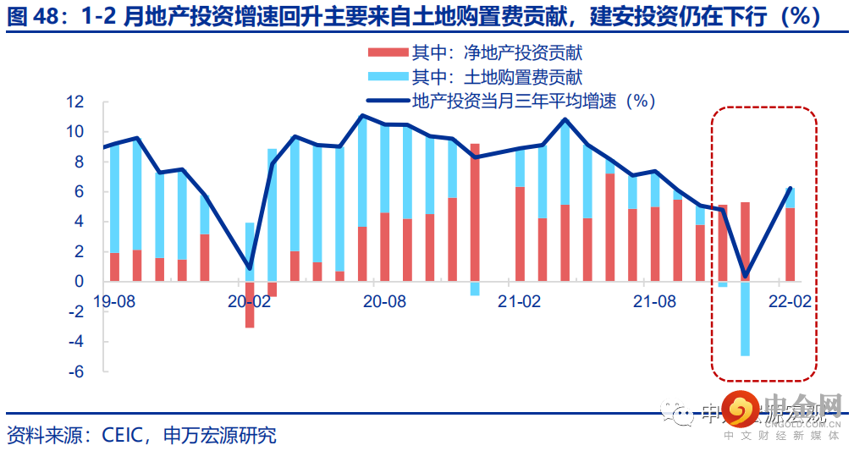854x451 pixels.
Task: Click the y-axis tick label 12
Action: pos(76,102)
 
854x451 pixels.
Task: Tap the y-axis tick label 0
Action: pos(80,282)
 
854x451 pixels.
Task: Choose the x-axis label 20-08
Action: pos(385,301)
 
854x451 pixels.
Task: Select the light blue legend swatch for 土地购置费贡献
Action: pos(387,78)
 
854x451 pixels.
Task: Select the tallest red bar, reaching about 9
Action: pos(475,212)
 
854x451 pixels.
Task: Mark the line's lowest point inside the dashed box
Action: pos(745,275)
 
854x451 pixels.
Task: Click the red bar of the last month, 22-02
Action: pos(790,245)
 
